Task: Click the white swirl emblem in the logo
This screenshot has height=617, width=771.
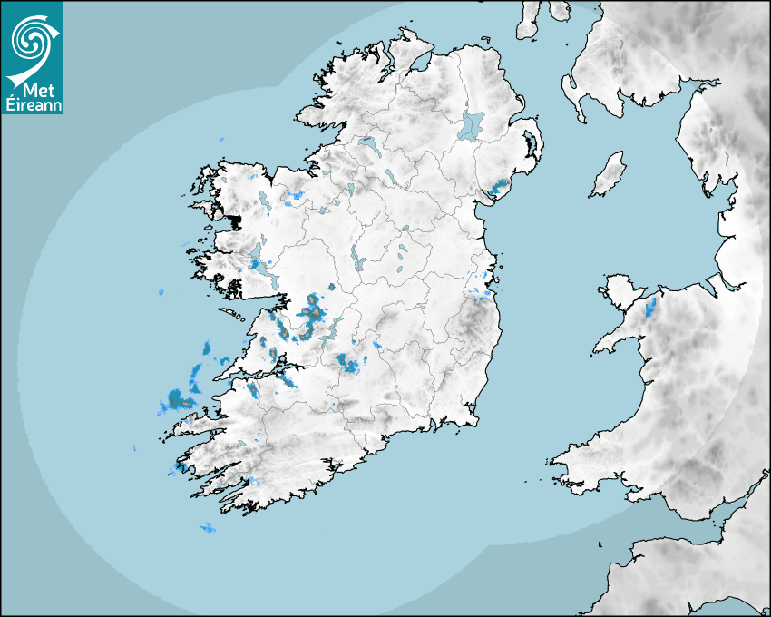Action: tap(31, 40)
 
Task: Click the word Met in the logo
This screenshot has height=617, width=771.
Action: tap(34, 91)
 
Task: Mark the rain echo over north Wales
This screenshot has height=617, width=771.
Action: tap(650, 307)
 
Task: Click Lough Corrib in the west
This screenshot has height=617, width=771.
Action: tap(262, 268)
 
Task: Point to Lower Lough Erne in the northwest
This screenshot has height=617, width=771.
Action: tap(367, 143)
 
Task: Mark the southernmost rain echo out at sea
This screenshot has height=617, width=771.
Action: tap(209, 527)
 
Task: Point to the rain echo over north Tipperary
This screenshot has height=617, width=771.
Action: tap(348, 364)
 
